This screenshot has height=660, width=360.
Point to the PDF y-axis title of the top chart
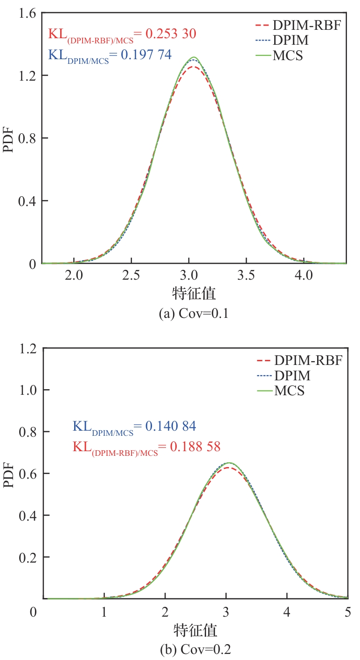[10, 139]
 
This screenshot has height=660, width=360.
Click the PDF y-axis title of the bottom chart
[10, 474]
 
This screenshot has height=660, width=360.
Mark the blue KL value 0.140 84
[170, 426]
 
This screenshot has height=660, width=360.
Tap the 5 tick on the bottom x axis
[347, 611]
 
